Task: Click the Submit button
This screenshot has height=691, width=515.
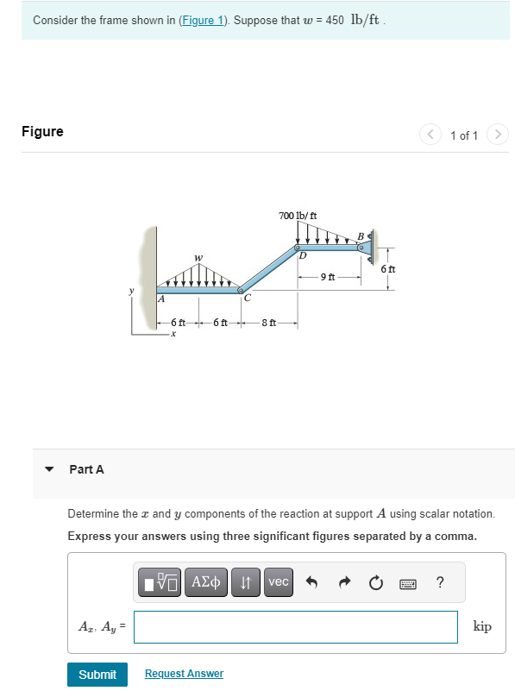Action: [97, 674]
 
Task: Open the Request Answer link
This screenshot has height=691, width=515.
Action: [184, 674]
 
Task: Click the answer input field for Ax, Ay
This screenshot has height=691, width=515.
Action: [295, 627]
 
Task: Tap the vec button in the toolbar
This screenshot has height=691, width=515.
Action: [278, 582]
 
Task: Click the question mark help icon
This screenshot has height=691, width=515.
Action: [440, 582]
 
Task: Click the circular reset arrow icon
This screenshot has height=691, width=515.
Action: [376, 582]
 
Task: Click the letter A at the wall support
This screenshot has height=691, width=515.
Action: [160, 298]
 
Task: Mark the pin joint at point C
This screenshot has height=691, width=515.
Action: [241, 290]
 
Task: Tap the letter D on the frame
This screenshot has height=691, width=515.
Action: [303, 255]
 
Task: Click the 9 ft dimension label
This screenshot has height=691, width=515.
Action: [328, 277]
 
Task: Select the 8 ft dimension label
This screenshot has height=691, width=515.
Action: [269, 323]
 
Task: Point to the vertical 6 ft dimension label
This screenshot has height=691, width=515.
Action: [389, 270]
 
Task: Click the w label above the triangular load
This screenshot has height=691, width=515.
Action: [198, 256]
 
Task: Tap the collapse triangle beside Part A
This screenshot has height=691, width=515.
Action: [50, 469]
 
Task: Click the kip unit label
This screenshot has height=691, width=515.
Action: [483, 626]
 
